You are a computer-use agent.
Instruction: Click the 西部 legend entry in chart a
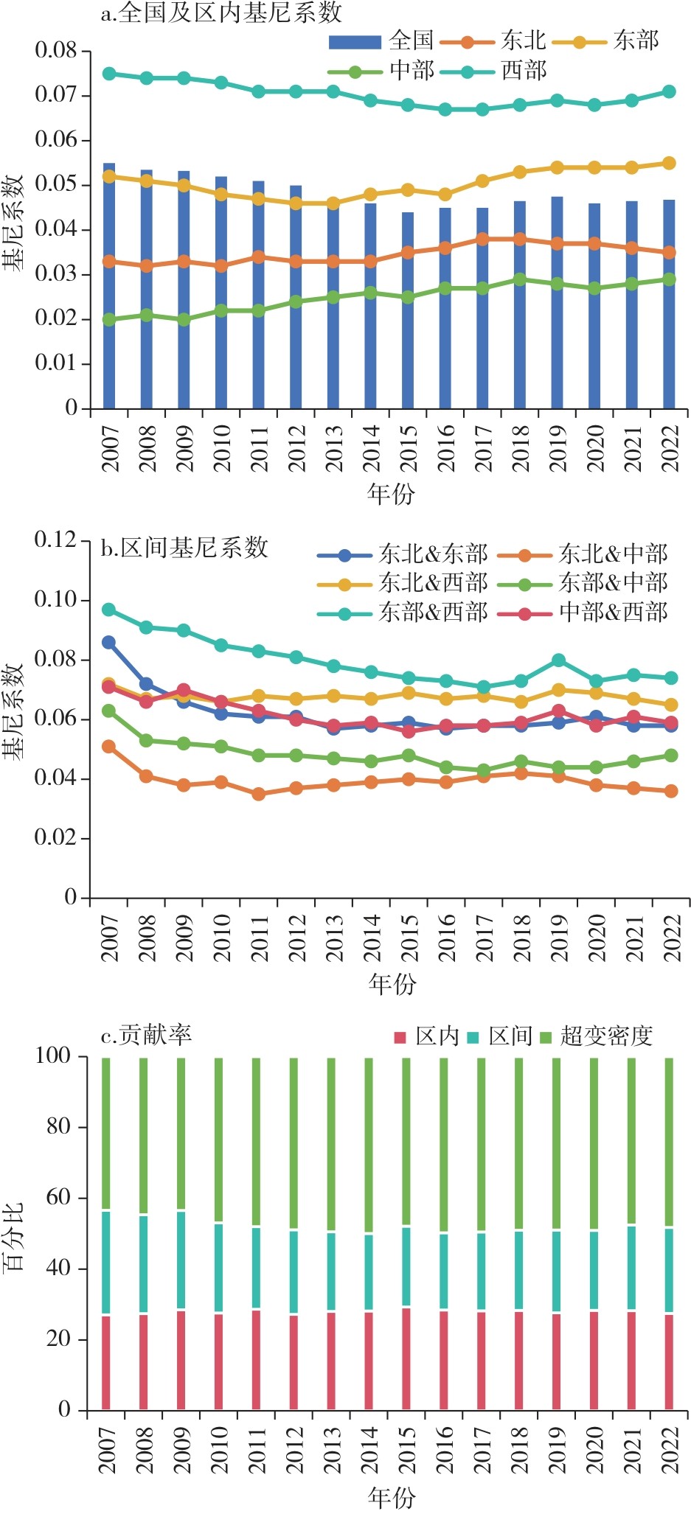[x=524, y=71]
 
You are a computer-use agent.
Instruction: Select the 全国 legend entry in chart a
[x=410, y=40]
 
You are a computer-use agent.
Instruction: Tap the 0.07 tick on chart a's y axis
[x=56, y=95]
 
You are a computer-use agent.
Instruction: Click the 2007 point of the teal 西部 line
[x=109, y=74]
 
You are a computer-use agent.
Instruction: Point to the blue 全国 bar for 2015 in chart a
[x=408, y=310]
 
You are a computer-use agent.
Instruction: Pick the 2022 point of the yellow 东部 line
[x=669, y=164]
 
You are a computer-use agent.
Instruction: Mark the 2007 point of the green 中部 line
[x=109, y=320]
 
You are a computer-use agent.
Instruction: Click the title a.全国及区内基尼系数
[x=221, y=13]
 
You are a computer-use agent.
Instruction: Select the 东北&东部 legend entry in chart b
[x=433, y=554]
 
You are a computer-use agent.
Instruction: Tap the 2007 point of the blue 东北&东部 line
[x=109, y=643]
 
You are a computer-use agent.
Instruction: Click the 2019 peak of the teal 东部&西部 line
[x=559, y=660]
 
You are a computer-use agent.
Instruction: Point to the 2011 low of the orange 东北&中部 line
[x=259, y=794]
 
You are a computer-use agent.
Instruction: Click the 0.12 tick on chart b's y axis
[x=56, y=540]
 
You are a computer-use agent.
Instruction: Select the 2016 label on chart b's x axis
[x=446, y=937]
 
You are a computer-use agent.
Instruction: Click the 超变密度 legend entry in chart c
[x=605, y=1036]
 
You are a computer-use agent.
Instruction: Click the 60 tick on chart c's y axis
[x=59, y=1197]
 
